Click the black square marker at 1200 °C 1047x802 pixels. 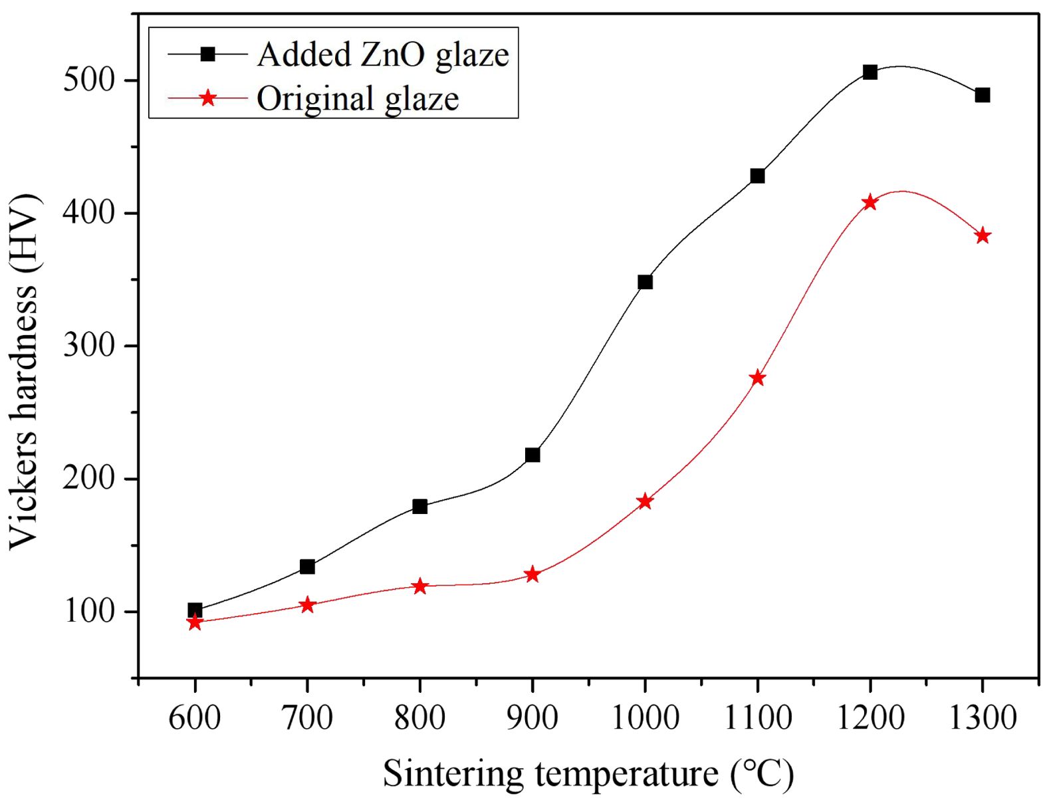(x=870, y=72)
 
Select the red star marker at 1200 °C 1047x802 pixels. (x=870, y=203)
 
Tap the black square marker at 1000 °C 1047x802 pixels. (x=645, y=282)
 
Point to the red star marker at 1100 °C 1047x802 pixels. (x=757, y=378)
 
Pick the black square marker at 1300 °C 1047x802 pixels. (x=983, y=95)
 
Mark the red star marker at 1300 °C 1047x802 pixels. (x=983, y=236)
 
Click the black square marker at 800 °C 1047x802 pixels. (x=419, y=507)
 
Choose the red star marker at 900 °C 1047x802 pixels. (x=532, y=575)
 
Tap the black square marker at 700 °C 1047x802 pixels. (x=307, y=567)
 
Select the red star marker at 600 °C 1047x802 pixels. (x=194, y=622)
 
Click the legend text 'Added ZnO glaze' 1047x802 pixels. (x=383, y=55)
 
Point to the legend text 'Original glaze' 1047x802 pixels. (x=358, y=98)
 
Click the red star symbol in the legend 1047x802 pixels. (x=208, y=98)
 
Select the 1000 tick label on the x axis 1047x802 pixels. (x=645, y=718)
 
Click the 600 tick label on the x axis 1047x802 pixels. (x=194, y=718)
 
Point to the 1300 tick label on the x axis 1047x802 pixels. (x=983, y=718)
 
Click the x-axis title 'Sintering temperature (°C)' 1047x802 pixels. (x=588, y=773)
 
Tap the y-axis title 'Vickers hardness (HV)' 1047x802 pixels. (x=25, y=371)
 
